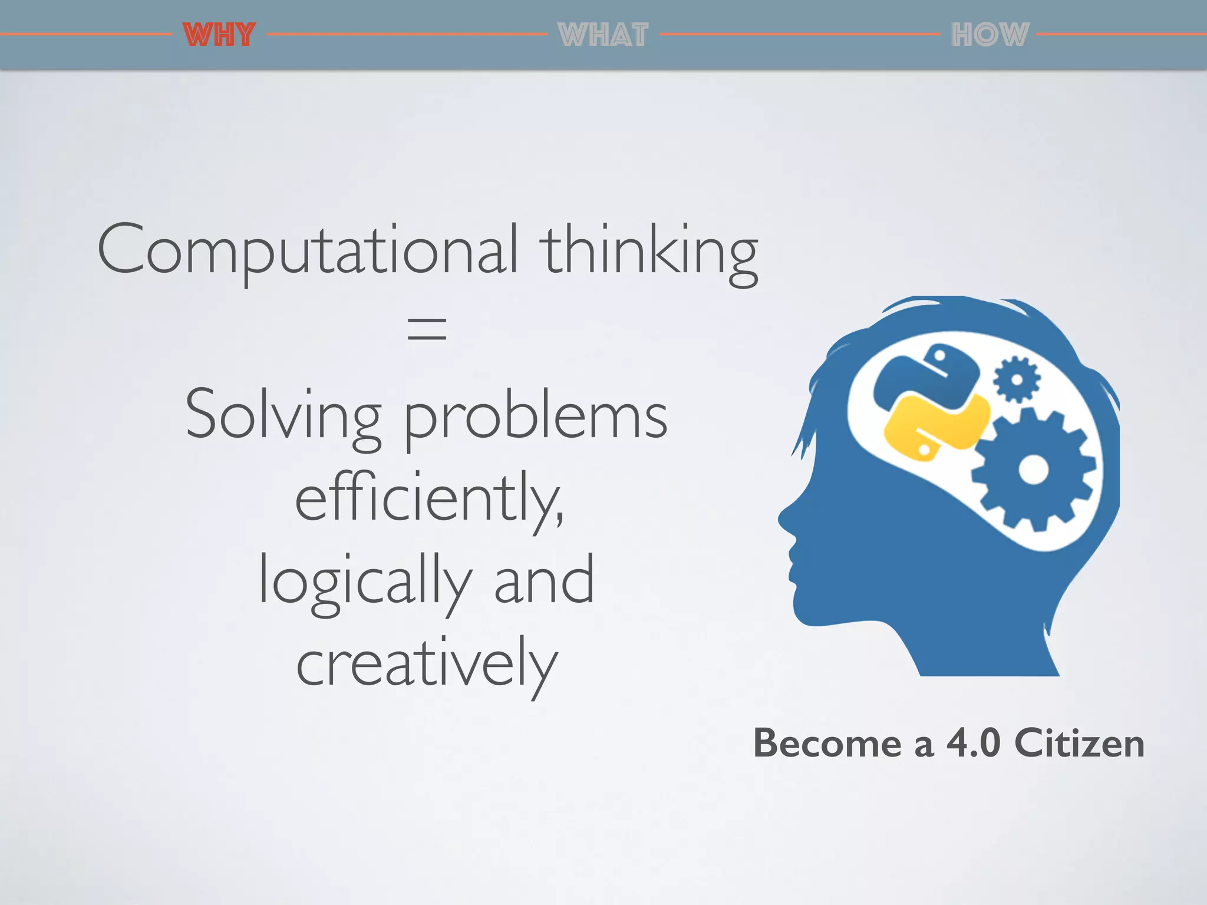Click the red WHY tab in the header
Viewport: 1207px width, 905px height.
[219, 34]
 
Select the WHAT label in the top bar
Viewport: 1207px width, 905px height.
[603, 34]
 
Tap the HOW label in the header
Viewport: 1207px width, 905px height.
[990, 34]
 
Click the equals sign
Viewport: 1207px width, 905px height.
[427, 328]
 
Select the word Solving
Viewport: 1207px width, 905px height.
[283, 415]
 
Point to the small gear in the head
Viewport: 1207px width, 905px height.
[1017, 379]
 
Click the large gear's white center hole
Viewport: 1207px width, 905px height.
[1034, 470]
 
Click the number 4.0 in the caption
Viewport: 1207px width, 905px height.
[973, 743]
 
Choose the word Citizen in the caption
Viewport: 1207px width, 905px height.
[1079, 743]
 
